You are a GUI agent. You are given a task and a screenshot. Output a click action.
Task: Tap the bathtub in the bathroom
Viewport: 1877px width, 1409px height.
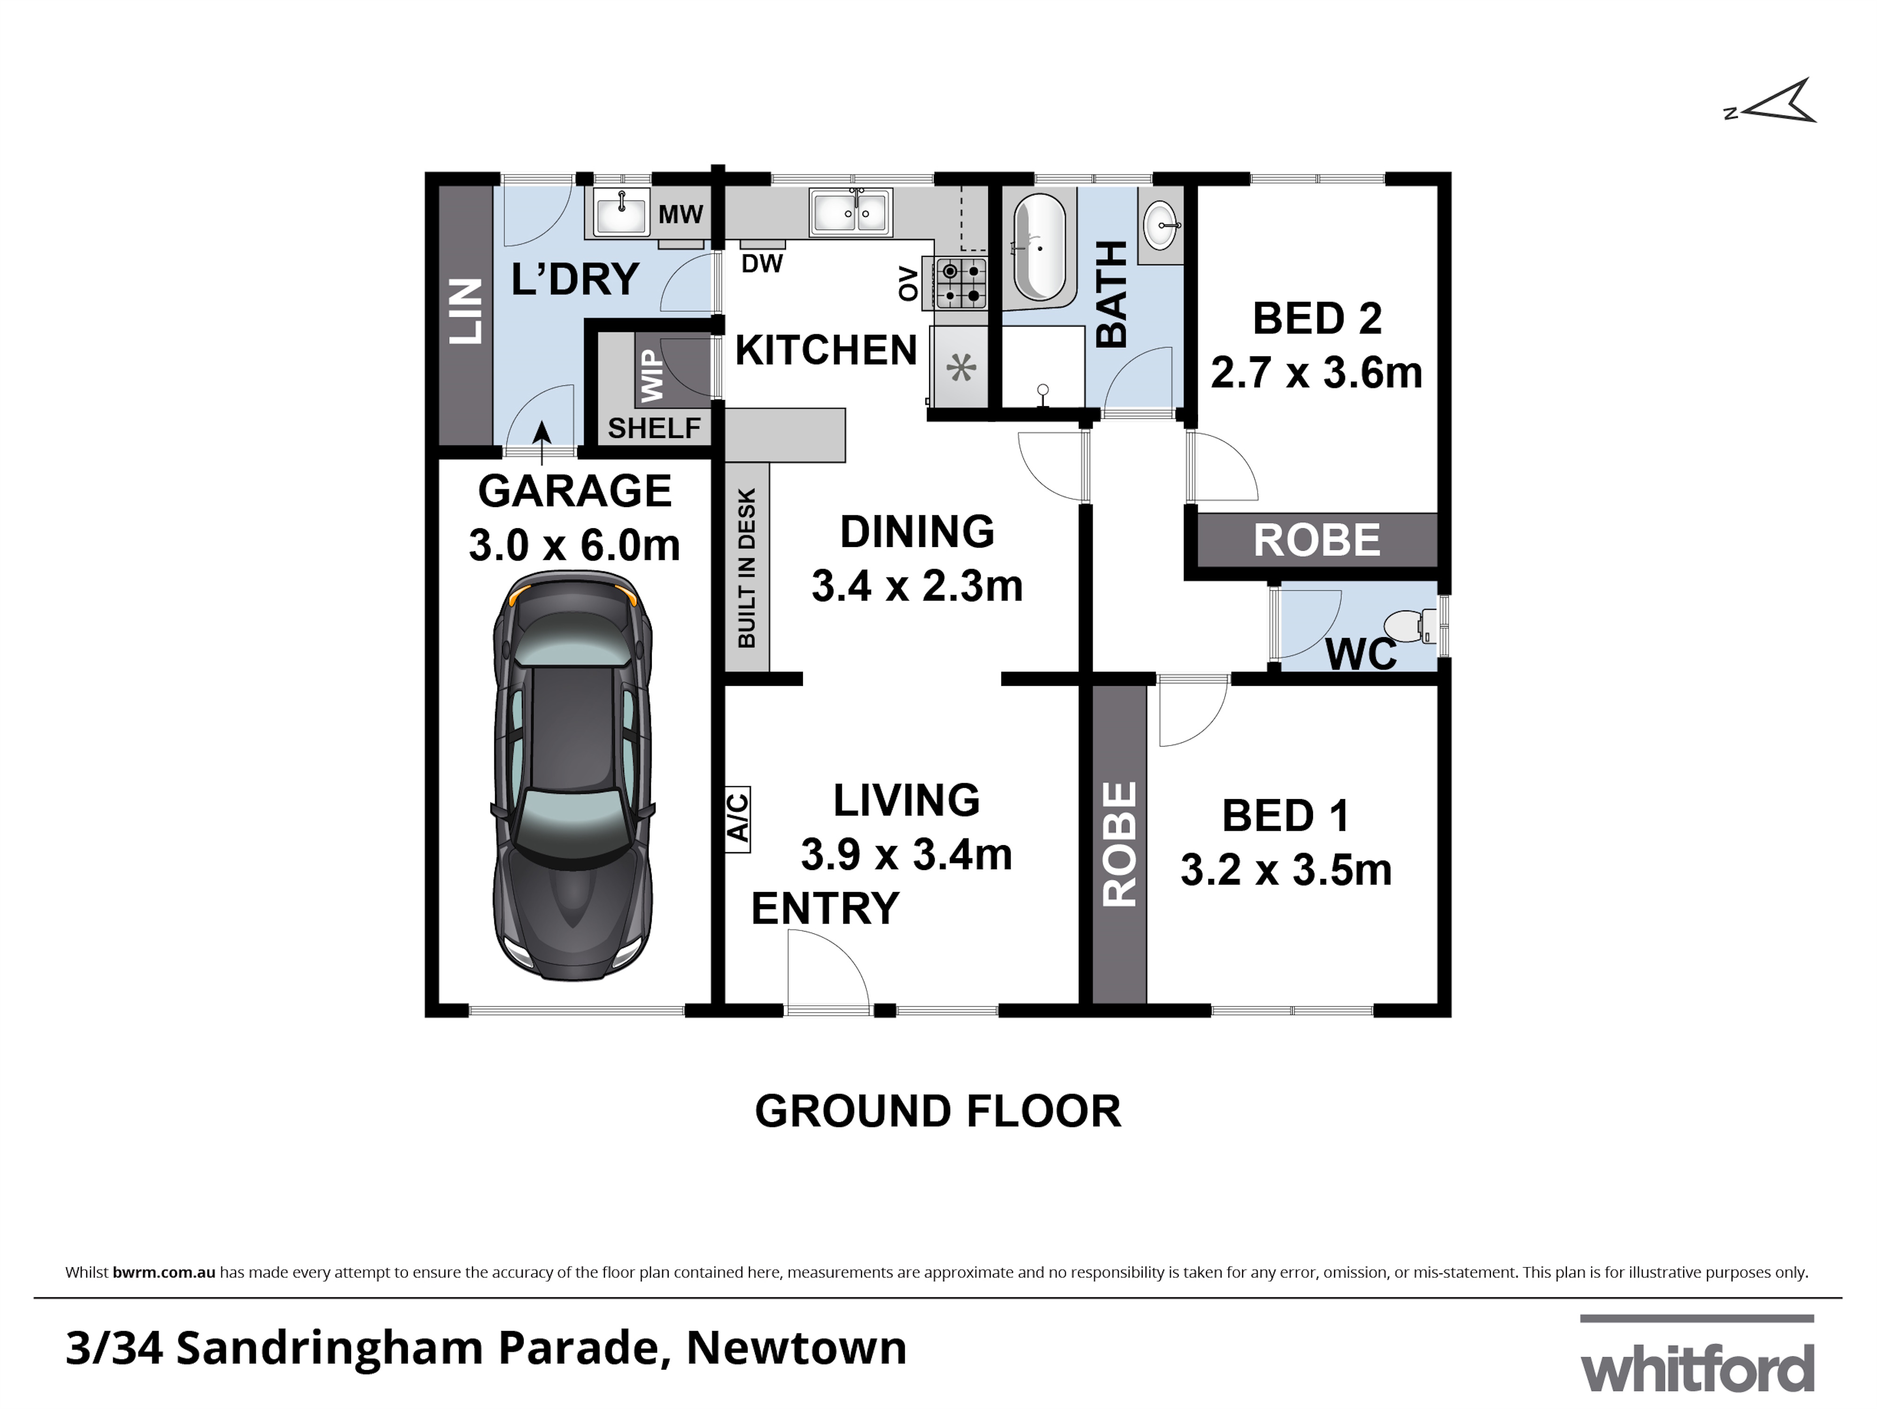click(x=1038, y=248)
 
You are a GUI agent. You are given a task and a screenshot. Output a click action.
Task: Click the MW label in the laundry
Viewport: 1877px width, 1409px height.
click(x=680, y=214)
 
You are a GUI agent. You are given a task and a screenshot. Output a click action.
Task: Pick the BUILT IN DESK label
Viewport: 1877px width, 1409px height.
click(x=747, y=567)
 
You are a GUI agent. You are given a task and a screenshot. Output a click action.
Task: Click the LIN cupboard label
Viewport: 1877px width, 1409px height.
click(x=465, y=311)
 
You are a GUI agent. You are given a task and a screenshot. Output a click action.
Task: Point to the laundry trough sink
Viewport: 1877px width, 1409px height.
click(x=621, y=212)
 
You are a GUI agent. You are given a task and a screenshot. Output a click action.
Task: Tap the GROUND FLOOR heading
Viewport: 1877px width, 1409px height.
click(x=938, y=1112)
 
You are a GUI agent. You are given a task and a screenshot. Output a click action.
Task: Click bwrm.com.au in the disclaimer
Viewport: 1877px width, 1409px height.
click(x=164, y=1272)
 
